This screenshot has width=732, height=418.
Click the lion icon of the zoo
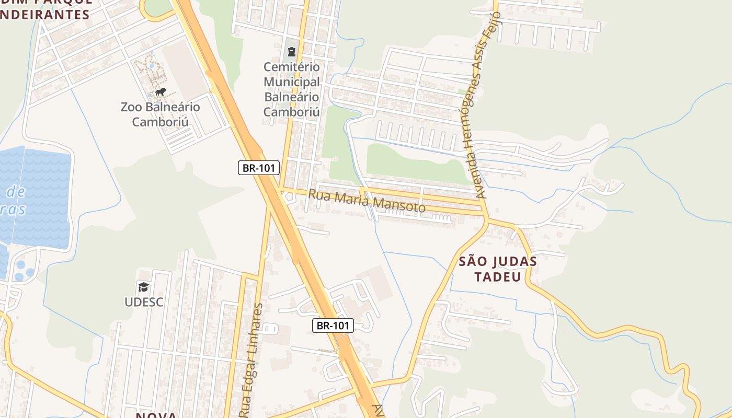coord(160,92)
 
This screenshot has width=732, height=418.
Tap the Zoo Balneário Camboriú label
coord(160,114)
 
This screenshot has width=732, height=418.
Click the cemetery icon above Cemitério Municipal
coord(291,52)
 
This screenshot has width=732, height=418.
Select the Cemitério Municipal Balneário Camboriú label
coord(291,89)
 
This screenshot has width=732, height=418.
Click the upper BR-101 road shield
coord(259,168)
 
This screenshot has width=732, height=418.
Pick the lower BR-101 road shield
coord(333,326)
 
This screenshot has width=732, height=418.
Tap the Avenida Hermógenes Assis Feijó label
coord(487,104)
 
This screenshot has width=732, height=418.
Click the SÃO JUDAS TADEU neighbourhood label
coord(498,269)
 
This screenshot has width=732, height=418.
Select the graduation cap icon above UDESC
coord(143,287)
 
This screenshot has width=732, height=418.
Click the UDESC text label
coord(144,302)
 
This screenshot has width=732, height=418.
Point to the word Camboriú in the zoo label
coord(160,122)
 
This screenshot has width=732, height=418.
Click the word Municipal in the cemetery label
coord(291,82)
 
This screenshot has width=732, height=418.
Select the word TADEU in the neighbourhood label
coord(498,276)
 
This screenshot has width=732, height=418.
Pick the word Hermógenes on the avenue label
coord(479,134)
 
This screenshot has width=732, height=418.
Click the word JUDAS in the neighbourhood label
coord(514,261)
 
